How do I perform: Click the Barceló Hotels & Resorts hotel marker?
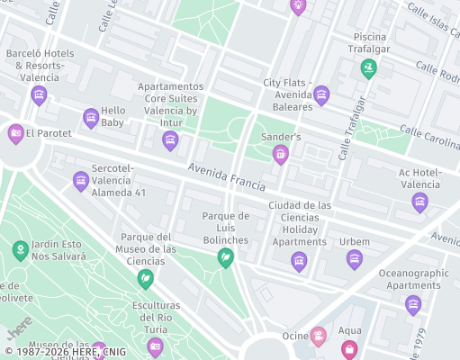[x=39, y=94]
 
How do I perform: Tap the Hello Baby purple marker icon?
[x=91, y=118]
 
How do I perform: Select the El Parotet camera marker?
[x=15, y=133]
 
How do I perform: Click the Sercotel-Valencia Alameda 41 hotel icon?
[x=81, y=181]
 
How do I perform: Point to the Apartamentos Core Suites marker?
[x=170, y=139]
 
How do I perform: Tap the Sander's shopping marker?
[x=281, y=155]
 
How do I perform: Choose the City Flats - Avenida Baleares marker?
[x=321, y=94]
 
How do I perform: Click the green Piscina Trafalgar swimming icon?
[x=368, y=67]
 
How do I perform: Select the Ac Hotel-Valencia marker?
[x=419, y=202]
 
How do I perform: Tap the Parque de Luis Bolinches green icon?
[x=225, y=258]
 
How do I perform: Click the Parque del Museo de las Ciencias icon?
[x=144, y=279]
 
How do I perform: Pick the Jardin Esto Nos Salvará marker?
[x=19, y=249]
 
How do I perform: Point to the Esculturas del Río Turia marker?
[x=155, y=346]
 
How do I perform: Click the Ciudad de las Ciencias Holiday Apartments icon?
[x=299, y=261]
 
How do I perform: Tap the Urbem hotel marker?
[x=355, y=259]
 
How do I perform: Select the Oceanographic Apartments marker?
[x=413, y=304]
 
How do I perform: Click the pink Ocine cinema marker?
[x=318, y=337]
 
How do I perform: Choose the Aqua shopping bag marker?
[x=349, y=348]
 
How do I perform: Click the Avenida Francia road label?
[x=227, y=177]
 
